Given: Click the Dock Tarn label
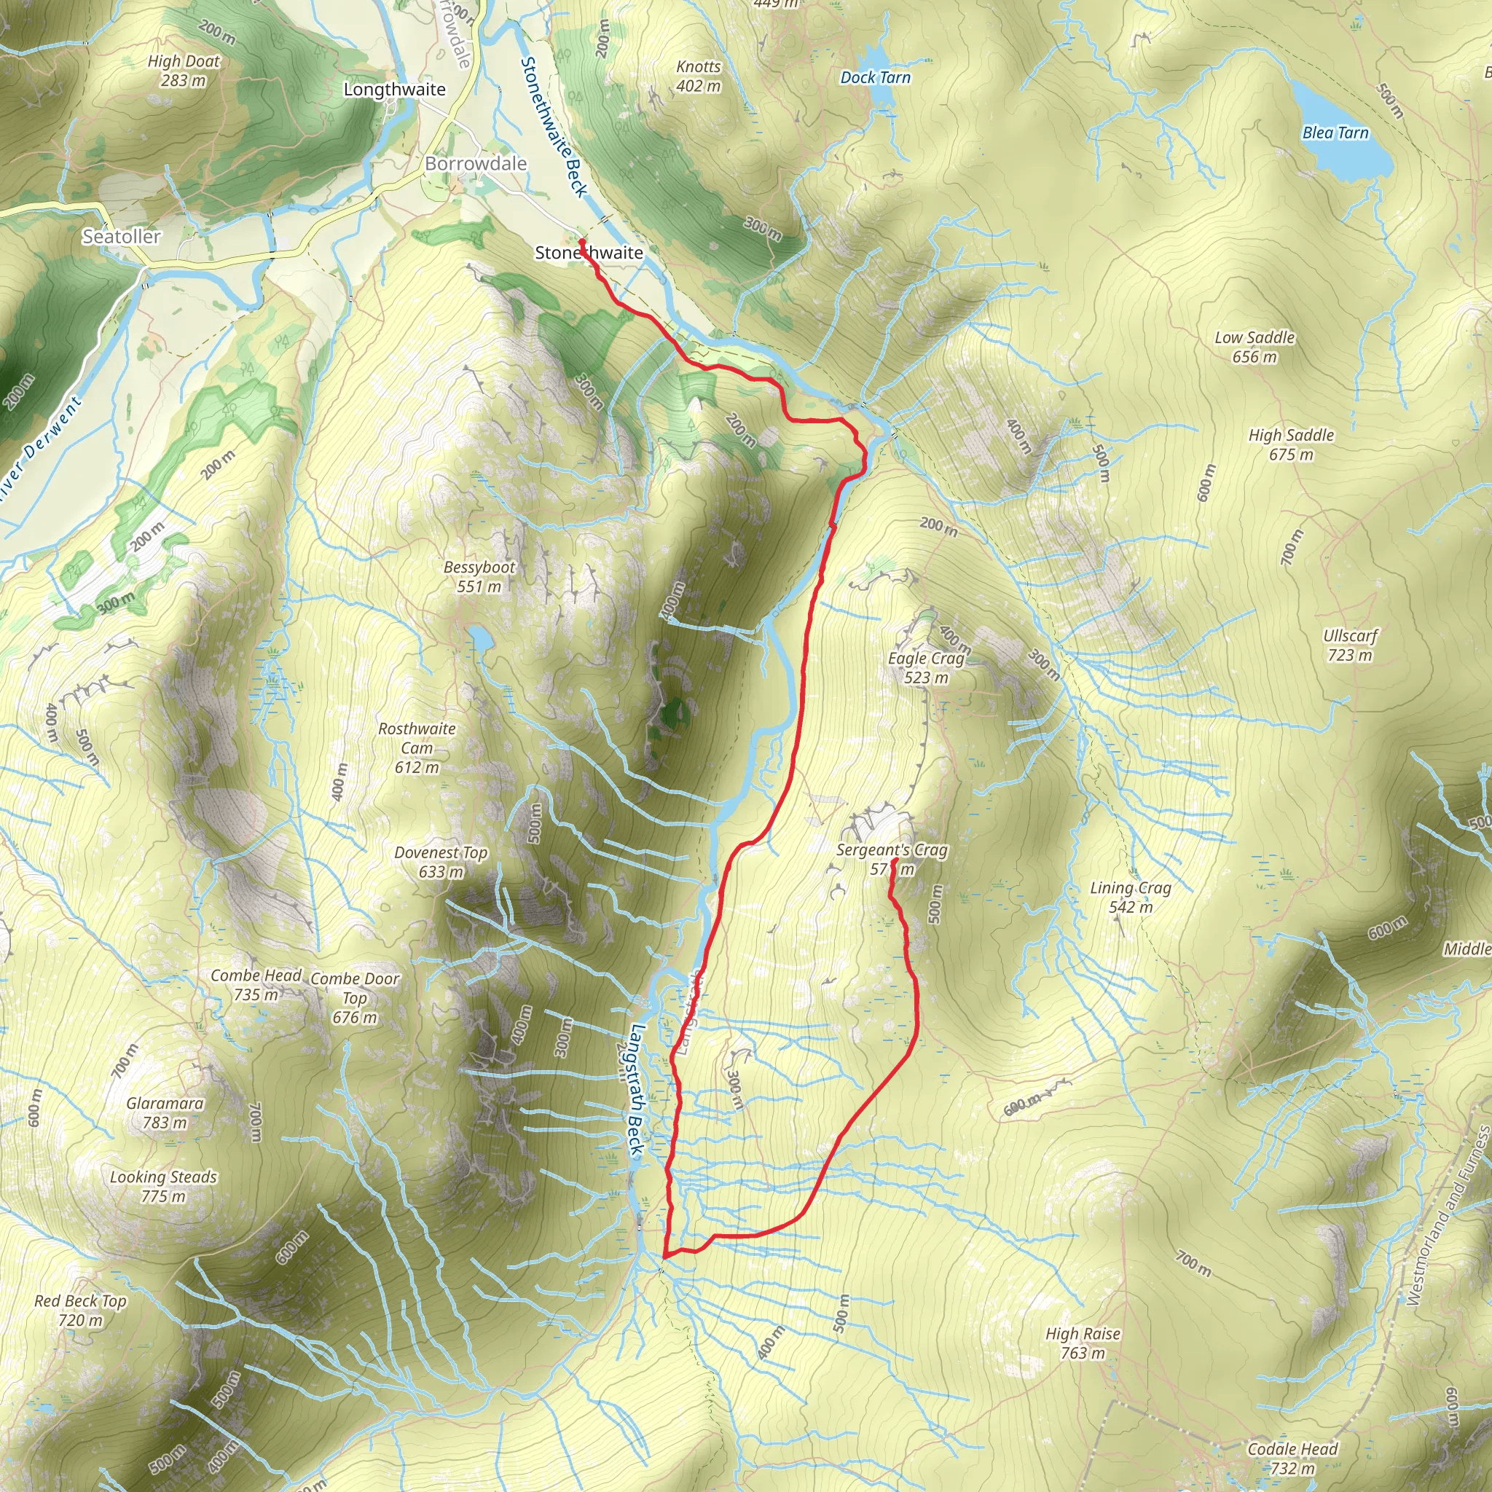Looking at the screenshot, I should (875, 77).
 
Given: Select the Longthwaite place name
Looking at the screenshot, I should (395, 90).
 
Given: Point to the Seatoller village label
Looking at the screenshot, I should (122, 236).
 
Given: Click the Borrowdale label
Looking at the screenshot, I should (476, 164).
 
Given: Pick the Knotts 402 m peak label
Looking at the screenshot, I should (698, 76).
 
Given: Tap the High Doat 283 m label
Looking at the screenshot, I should (184, 70).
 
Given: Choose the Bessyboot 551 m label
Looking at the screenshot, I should (479, 577).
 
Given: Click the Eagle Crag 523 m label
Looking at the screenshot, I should (926, 668).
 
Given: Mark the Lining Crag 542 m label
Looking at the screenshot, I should (1131, 898).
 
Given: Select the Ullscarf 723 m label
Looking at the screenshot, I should (1350, 645).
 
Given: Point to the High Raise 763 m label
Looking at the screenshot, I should (1083, 1343).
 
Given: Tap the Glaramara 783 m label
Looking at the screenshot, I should (165, 1112).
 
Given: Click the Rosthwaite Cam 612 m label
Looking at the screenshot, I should (417, 747).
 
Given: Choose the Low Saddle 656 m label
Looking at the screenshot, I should (1255, 347).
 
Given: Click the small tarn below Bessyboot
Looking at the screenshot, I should (479, 639).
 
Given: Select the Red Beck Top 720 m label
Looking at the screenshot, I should (80, 1310).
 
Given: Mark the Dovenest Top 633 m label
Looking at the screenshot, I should (441, 862).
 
